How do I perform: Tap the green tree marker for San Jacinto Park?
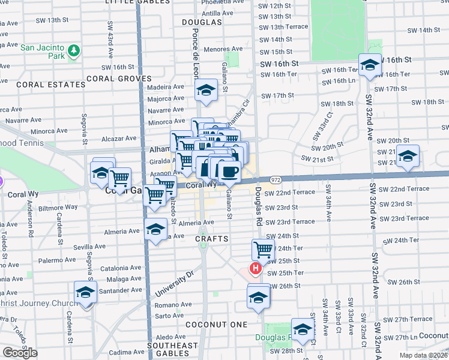coord(74,50)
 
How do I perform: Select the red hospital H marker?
coord(256,269)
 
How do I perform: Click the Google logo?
coord(20,353)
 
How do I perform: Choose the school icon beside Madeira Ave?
coord(206,91)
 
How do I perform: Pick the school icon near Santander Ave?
coord(86,292)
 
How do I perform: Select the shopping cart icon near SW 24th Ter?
coord(263,249)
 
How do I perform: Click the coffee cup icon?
coord(229,172)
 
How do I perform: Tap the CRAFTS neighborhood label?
coord(211,239)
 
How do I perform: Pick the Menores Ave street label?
coord(223,49)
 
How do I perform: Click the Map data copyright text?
coord(423,355)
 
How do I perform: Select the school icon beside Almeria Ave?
coord(155,229)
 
